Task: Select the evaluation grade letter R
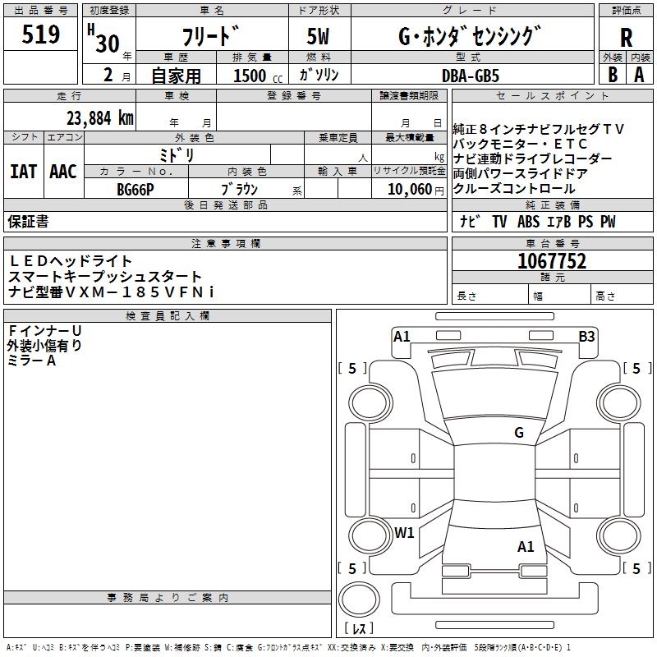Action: [627, 37]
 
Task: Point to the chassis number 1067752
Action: [552, 261]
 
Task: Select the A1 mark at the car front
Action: [402, 336]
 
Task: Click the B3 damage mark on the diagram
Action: [586, 336]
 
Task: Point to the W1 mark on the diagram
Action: [404, 532]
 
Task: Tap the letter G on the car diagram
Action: [519, 433]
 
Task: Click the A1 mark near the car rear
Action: [526, 546]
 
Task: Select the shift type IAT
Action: [23, 172]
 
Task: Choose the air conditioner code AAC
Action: [62, 172]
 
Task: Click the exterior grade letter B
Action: [612, 74]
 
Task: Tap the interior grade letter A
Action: [639, 74]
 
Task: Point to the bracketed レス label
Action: [359, 629]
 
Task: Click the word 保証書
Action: [28, 222]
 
